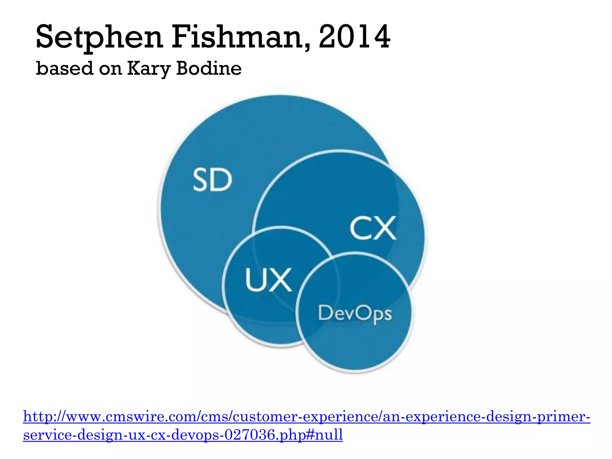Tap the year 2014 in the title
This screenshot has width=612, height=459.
[x=354, y=37]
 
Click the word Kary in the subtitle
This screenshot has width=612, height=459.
[x=149, y=69]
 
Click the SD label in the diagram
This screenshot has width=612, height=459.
[x=212, y=180]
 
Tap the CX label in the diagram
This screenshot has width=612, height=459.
[x=373, y=228]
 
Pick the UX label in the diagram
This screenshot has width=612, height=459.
[x=268, y=280]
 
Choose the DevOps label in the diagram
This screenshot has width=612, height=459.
[x=355, y=314]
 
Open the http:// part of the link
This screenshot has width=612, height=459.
[x=44, y=417]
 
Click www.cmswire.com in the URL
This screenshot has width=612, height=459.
[x=130, y=417]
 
